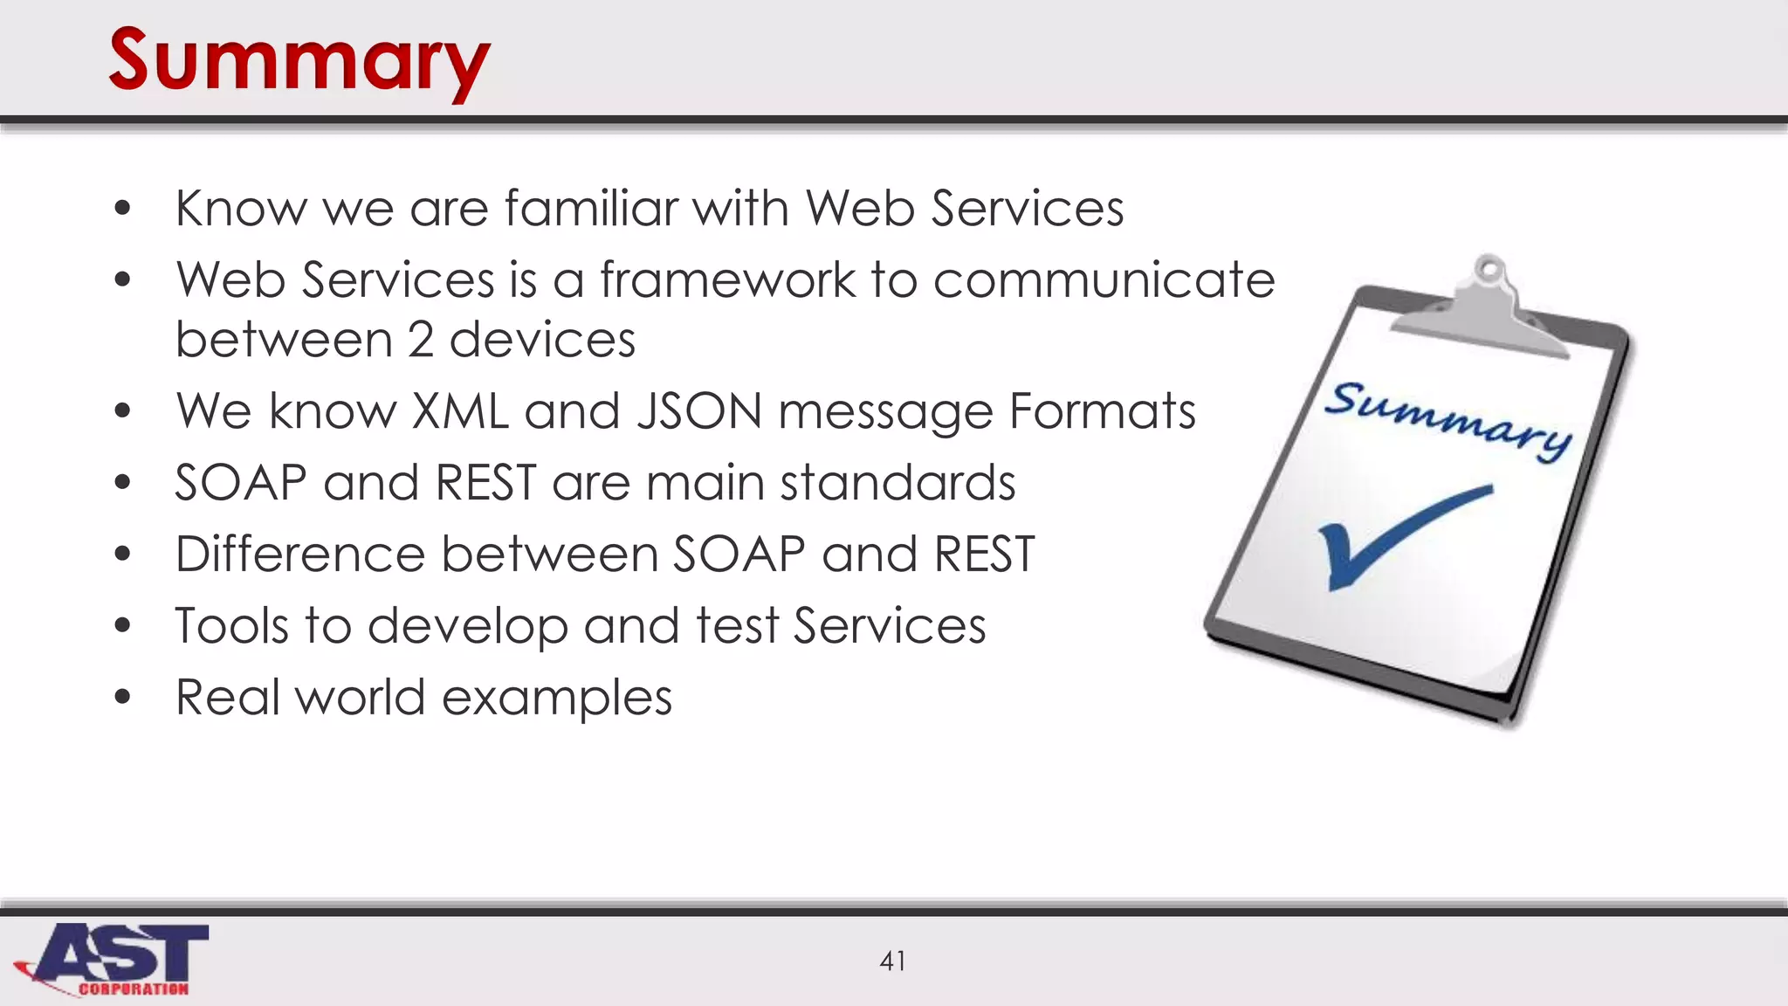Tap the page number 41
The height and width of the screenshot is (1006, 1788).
(892, 961)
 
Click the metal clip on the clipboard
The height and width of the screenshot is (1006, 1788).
(1484, 310)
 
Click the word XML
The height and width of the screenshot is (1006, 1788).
(459, 410)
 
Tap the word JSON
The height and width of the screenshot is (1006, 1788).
(699, 410)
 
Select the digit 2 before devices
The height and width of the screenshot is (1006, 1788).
(421, 340)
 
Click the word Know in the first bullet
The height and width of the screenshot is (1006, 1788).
(241, 209)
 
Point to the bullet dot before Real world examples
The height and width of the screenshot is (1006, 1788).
(122, 698)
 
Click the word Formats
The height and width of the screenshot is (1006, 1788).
(1102, 410)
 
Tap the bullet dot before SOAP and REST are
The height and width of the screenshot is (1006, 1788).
(122, 483)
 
